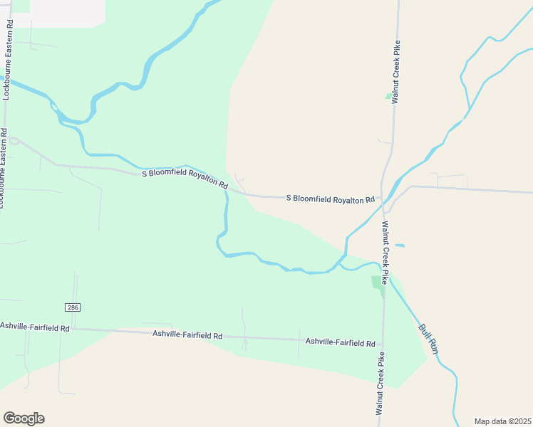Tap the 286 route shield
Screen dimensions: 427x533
click(x=72, y=307)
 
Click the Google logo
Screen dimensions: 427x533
click(x=24, y=418)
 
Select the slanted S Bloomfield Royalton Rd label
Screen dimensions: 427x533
click(x=185, y=178)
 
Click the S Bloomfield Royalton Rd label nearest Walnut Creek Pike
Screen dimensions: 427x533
click(x=330, y=199)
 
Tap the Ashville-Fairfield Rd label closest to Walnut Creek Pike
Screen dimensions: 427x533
click(x=340, y=342)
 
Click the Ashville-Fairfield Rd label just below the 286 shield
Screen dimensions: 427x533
click(x=35, y=327)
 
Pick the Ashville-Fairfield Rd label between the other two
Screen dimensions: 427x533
click(x=187, y=334)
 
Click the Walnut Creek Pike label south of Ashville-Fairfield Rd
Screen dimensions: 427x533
click(x=381, y=384)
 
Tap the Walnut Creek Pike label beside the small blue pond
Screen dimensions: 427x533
click(x=384, y=253)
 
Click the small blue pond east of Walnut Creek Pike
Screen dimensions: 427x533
click(x=400, y=246)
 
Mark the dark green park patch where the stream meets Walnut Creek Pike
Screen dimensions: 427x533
click(x=378, y=282)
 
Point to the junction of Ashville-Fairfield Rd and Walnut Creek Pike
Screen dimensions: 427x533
click(x=383, y=342)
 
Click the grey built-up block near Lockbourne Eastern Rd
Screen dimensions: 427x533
click(x=67, y=13)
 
